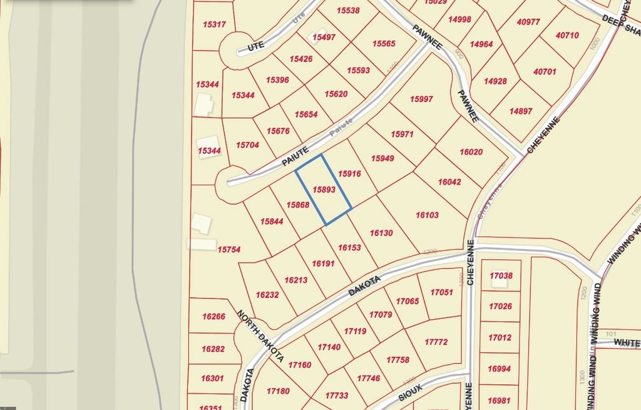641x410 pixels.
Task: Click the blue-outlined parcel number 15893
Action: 324,189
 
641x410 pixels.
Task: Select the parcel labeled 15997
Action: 421,100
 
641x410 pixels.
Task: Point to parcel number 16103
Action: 427,215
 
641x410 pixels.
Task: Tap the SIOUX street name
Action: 410,388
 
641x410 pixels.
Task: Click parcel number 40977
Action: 528,22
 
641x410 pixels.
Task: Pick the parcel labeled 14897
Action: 521,111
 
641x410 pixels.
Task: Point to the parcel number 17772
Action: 436,342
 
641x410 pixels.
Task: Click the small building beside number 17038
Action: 499,282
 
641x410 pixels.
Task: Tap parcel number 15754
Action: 229,250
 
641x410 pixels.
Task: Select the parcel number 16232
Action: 267,294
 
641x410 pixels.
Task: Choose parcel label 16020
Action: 471,152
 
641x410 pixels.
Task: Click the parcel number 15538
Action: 347,11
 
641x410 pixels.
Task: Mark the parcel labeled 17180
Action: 278,391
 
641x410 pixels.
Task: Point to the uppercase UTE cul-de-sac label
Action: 256,46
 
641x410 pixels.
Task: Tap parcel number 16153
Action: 349,248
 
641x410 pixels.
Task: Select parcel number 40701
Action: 545,72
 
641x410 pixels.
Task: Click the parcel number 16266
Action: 213,317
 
